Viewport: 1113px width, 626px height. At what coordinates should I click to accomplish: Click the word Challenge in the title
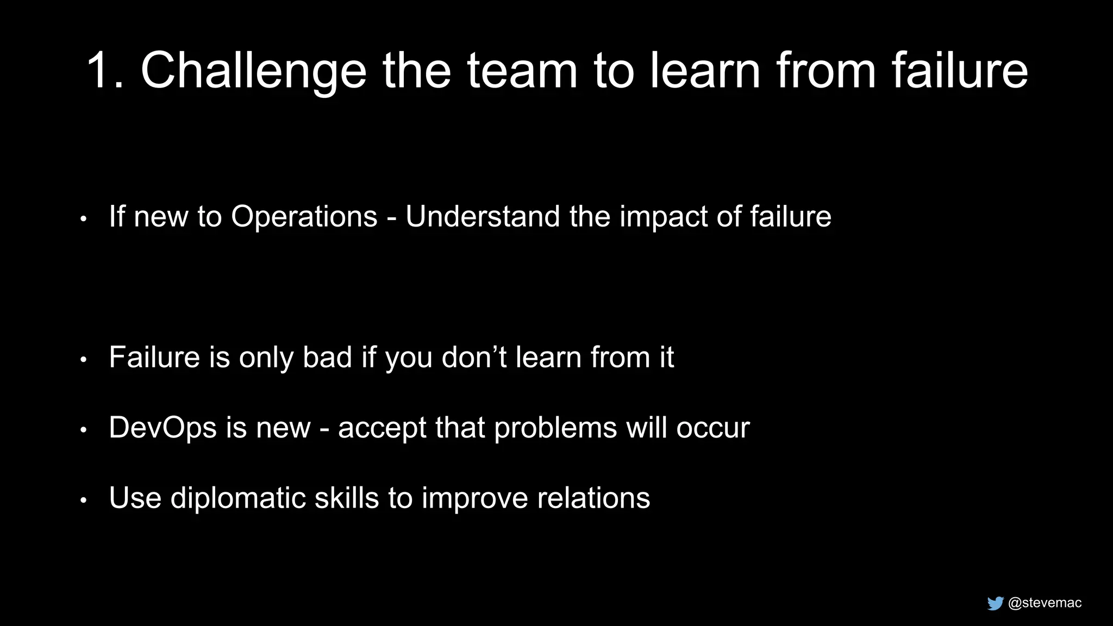(253, 71)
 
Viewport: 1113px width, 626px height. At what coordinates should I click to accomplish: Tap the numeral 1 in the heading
(102, 71)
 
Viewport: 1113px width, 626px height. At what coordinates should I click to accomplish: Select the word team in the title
(522, 71)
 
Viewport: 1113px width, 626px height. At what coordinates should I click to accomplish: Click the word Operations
(304, 217)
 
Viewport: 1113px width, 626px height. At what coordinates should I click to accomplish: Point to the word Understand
(483, 216)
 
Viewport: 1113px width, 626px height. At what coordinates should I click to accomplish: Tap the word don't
(474, 358)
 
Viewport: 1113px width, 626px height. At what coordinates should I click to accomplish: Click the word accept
(382, 428)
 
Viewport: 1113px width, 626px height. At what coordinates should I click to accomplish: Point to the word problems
(555, 428)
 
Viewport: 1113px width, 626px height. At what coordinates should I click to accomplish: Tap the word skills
(347, 498)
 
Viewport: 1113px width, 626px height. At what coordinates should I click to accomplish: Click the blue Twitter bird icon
(995, 603)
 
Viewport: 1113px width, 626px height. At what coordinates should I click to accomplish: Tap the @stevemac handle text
(1045, 603)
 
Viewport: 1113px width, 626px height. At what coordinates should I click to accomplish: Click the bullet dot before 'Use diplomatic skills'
(83, 500)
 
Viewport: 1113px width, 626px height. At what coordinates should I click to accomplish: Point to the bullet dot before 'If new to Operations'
(83, 219)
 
